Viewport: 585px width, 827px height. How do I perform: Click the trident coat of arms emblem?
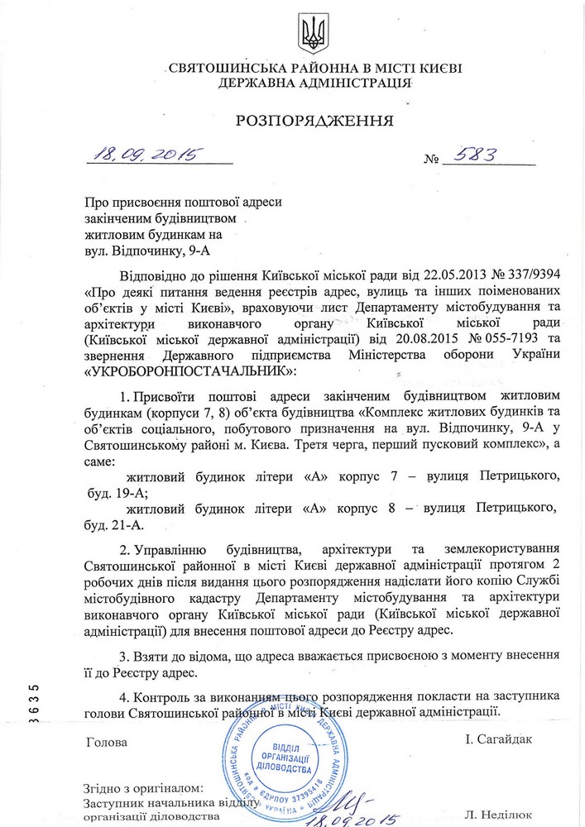tap(314, 34)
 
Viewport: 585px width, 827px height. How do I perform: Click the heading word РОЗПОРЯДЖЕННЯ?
tap(314, 120)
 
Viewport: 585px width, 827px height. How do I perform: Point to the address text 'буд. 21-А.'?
tap(119, 525)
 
